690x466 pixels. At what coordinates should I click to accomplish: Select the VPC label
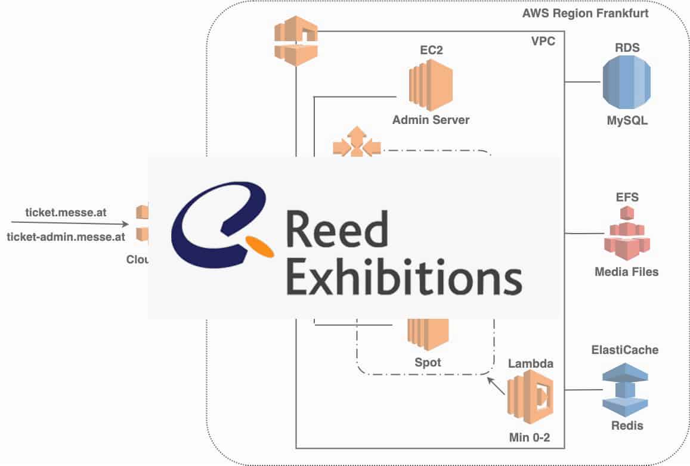544,42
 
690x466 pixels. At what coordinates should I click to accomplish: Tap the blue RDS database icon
626,83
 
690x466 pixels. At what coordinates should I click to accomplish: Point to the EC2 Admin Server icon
430,89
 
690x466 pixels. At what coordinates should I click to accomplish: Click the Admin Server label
431,120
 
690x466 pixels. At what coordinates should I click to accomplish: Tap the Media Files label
627,272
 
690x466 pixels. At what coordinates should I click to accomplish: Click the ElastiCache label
625,350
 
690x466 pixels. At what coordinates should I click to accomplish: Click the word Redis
627,425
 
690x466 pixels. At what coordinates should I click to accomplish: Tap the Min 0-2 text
530,438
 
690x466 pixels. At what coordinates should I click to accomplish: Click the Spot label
428,362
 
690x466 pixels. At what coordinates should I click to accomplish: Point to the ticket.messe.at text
65,212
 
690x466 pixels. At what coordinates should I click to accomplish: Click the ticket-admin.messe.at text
66,237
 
